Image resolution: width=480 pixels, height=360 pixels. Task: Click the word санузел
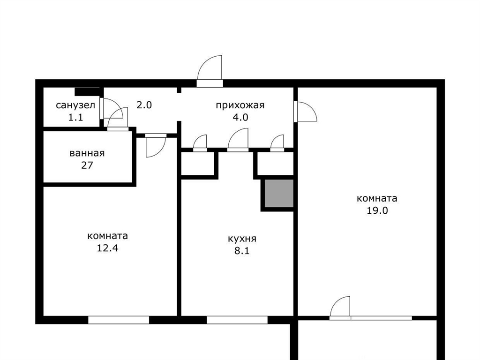coord(75,105)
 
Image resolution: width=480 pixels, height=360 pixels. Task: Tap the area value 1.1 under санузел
coord(75,117)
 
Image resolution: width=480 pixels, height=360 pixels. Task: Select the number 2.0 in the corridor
coord(144,105)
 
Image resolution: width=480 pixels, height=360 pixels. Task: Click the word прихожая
coord(240,105)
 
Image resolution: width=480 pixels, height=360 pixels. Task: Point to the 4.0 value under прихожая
coord(240,117)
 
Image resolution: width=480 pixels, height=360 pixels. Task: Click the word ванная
coord(87,153)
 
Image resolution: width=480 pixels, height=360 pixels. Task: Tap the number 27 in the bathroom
coord(87,165)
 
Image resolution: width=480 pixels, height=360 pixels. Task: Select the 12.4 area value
coord(107,248)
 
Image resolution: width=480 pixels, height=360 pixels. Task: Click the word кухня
coord(242,239)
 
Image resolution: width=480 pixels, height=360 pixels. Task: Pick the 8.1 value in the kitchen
coord(242,251)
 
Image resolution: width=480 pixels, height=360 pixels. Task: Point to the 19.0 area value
coord(377,210)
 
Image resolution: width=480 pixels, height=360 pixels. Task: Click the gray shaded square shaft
coord(279,194)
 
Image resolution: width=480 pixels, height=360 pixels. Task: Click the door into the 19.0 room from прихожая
coord(305,112)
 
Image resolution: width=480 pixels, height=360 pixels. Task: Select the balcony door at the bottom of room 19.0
coord(340,307)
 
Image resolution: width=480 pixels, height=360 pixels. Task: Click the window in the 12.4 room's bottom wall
coord(119,320)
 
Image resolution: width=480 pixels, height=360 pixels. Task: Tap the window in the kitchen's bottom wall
coord(237,320)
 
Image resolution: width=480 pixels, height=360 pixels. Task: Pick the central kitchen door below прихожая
coord(238,140)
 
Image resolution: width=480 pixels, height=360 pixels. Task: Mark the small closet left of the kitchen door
coord(197,164)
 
